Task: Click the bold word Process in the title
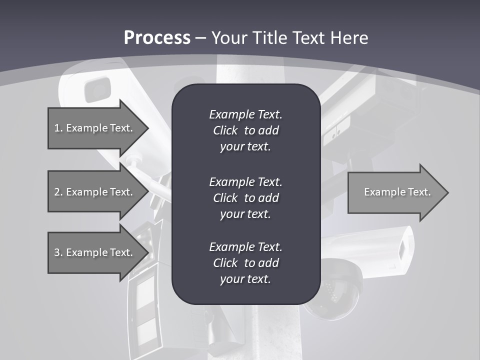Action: pos(157,38)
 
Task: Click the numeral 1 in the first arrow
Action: pos(57,128)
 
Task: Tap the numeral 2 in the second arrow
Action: pos(57,192)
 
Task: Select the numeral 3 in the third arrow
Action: pos(57,252)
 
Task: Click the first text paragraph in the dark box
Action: pos(245,130)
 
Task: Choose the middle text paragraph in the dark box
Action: pos(245,198)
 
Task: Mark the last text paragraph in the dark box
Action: pos(245,263)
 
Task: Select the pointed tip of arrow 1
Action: pos(148,128)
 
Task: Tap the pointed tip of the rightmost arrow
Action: pos(448,192)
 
